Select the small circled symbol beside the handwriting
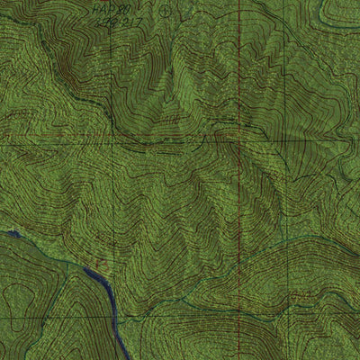(x=166, y=13)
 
